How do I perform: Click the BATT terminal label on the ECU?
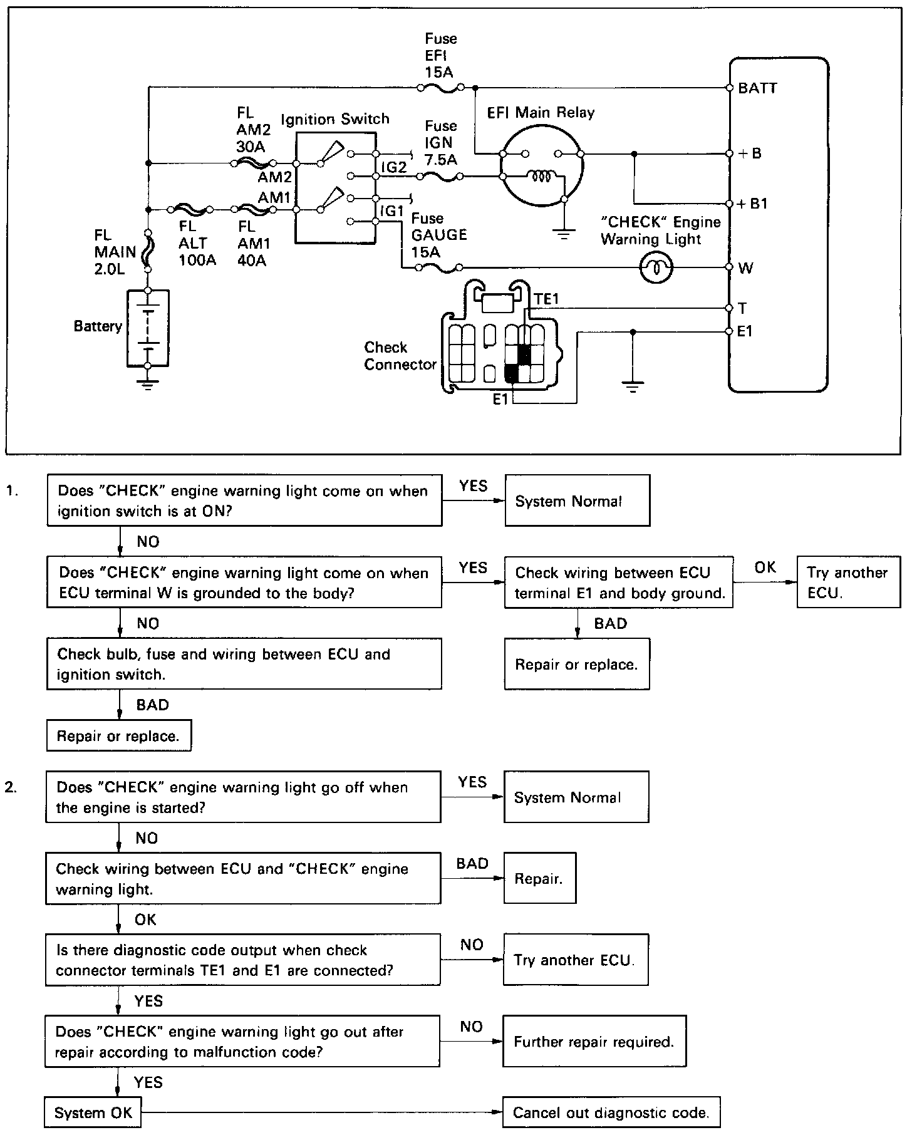(757, 88)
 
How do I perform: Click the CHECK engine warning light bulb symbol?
(656, 268)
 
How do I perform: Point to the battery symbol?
(148, 328)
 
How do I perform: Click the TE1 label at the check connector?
(546, 299)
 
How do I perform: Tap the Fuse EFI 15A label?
(440, 56)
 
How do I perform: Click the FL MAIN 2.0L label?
(115, 252)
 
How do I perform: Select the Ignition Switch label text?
(335, 119)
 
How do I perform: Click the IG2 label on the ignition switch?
(394, 167)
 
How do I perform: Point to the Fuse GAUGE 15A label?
(439, 235)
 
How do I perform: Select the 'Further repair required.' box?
(594, 1041)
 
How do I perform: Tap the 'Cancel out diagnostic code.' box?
(611, 1112)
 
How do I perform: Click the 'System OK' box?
(93, 1112)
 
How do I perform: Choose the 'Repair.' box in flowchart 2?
(539, 878)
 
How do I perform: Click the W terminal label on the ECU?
(745, 268)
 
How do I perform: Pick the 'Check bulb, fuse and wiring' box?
(244, 664)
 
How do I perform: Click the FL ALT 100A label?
(197, 243)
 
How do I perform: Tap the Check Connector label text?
(400, 356)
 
